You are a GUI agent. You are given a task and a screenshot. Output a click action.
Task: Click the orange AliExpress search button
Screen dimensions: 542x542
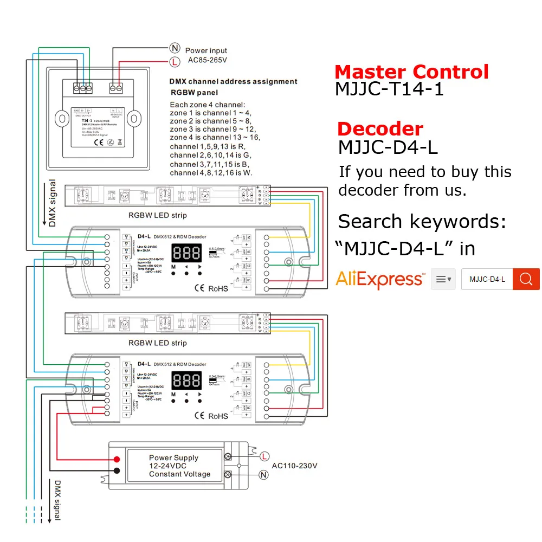[x=526, y=279]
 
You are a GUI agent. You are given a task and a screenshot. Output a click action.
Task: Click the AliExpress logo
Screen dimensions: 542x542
[x=380, y=279]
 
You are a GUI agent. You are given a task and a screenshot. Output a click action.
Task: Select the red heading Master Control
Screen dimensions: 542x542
[x=411, y=72]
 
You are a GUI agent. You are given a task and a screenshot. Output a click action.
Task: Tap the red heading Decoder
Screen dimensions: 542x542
[x=380, y=129]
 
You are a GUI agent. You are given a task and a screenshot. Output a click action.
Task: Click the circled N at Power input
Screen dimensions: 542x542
[x=175, y=48]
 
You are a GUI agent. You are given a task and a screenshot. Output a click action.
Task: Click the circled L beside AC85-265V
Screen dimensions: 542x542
[x=175, y=62]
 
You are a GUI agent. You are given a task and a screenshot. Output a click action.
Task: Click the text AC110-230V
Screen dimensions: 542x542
[x=294, y=466]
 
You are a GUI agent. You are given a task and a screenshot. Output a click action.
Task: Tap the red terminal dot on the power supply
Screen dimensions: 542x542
[x=117, y=460]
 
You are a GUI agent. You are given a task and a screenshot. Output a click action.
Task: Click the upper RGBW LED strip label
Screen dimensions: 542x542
[x=157, y=215]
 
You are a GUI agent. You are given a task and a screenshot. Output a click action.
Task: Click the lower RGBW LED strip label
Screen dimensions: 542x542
[x=157, y=343]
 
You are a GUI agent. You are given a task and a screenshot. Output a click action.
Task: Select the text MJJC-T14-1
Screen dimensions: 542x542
[x=389, y=88]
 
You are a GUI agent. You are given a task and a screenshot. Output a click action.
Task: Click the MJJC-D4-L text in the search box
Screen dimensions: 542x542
[x=487, y=279]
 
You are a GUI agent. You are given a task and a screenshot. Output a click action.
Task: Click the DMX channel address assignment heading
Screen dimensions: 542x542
[x=233, y=81]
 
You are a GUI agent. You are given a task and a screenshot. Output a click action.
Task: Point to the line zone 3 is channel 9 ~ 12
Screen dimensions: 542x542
[x=212, y=129]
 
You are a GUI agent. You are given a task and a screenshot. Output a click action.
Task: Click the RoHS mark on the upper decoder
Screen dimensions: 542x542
[x=218, y=289]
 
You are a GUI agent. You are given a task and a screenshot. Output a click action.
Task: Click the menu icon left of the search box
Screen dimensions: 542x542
[x=443, y=279]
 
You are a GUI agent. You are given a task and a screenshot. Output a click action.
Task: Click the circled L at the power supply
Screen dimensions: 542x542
[x=264, y=455]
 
